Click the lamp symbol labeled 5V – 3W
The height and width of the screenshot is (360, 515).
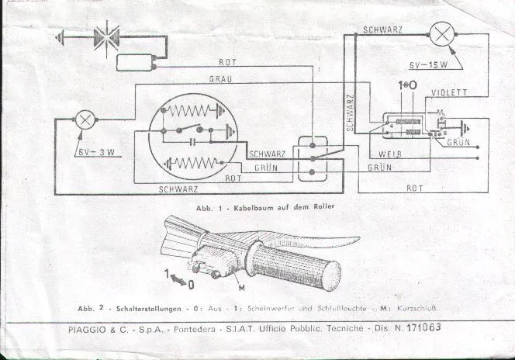point(83,120)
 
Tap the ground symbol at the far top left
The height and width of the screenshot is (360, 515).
point(62,35)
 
